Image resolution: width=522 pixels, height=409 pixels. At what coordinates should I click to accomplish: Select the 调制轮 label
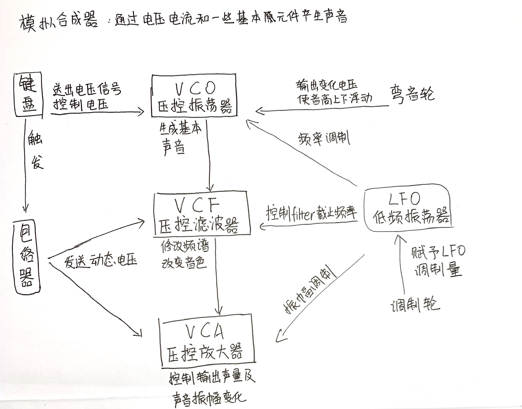[x=415, y=305]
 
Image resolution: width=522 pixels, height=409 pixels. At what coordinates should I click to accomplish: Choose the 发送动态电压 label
[x=101, y=260]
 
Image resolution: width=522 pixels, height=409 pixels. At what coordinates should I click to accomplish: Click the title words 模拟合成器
[x=59, y=22]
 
